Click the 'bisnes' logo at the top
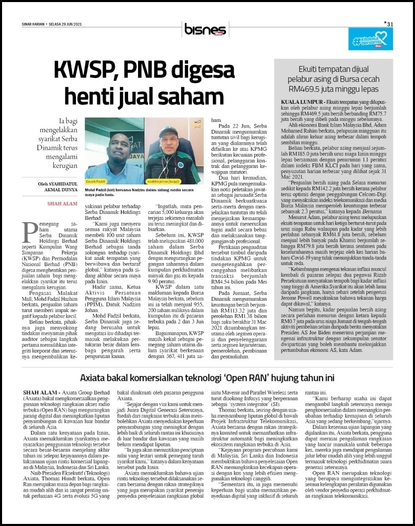pyautogui.click(x=206, y=30)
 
